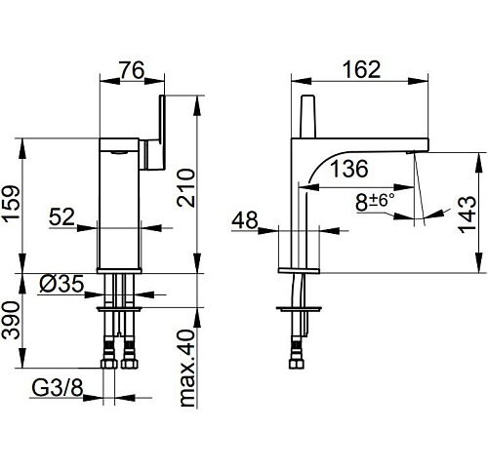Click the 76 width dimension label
click(x=132, y=70)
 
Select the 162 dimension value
click(x=362, y=69)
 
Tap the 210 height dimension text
click(x=185, y=188)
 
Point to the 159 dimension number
click(x=12, y=204)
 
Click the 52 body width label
click(x=61, y=216)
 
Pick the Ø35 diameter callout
click(x=61, y=284)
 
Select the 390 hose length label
click(x=11, y=321)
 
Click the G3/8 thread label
click(x=58, y=388)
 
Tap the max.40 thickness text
click(x=187, y=369)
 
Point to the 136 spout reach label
click(x=349, y=169)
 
